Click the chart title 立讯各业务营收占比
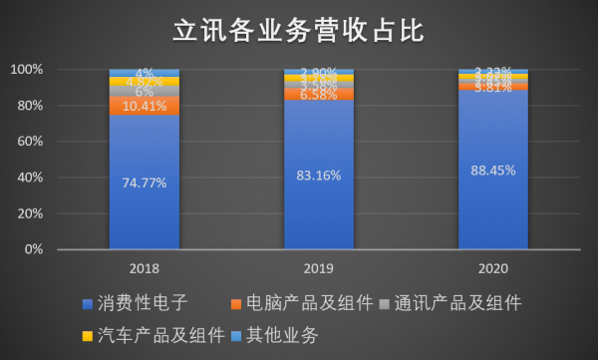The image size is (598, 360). click(299, 30)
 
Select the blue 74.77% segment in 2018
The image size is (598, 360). click(145, 182)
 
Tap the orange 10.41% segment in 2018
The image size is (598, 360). click(145, 106)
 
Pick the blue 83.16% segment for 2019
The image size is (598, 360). click(319, 175)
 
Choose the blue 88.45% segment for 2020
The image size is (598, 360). click(493, 170)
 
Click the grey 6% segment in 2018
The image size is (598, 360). click(145, 91)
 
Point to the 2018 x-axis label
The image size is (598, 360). click(145, 269)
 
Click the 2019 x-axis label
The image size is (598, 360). click(319, 269)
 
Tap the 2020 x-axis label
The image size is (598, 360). click(493, 269)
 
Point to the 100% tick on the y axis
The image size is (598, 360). click(27, 70)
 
